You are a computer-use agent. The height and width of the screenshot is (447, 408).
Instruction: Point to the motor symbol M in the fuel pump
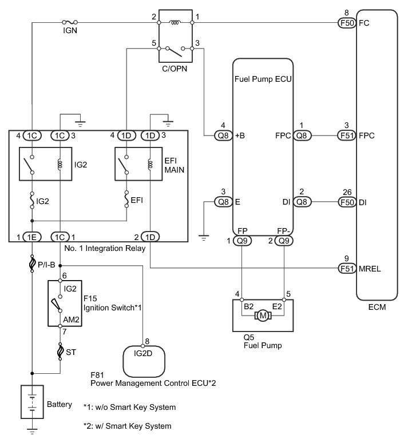click(x=264, y=315)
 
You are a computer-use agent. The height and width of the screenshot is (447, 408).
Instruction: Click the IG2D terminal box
click(x=144, y=358)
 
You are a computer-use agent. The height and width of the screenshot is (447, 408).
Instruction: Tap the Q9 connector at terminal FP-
click(x=283, y=241)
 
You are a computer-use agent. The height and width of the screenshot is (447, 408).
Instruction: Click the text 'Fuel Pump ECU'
click(x=263, y=80)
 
